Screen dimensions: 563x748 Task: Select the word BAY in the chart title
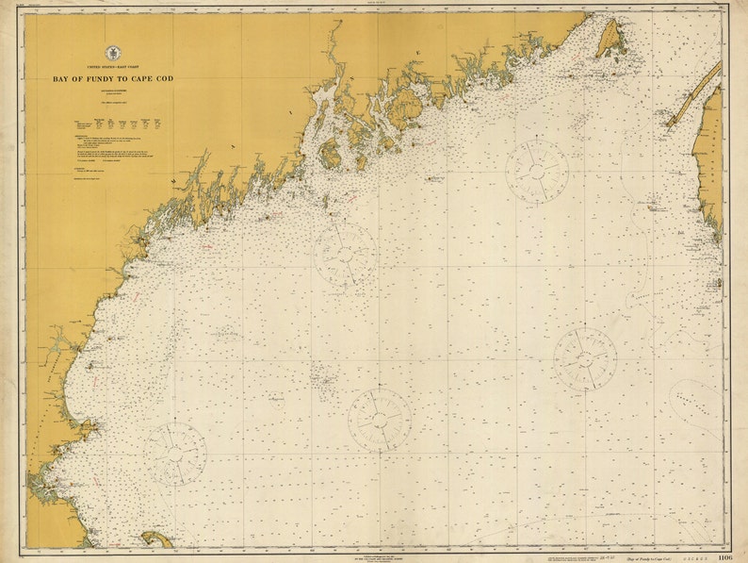64,80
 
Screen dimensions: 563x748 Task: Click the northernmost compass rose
536,170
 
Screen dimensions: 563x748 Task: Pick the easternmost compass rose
585,358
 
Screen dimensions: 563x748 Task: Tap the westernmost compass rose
175,454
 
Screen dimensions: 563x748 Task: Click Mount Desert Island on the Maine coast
406,109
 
